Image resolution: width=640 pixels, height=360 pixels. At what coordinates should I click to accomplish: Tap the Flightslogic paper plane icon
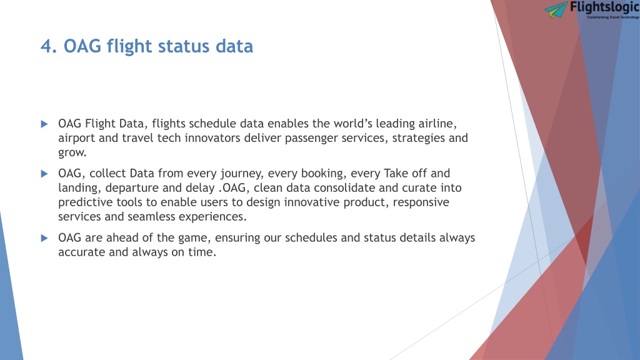(556, 9)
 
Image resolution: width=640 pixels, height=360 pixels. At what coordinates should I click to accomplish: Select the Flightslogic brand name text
(604, 7)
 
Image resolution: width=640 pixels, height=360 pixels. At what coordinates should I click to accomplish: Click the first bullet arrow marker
(44, 124)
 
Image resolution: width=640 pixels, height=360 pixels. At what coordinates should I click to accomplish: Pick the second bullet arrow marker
(44, 174)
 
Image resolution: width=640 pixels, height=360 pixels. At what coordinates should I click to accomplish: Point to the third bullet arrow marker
(44, 238)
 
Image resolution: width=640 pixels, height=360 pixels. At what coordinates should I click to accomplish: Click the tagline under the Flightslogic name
(613, 17)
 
